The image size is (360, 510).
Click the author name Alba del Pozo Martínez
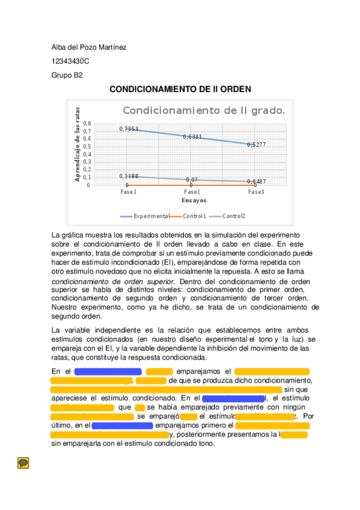88,48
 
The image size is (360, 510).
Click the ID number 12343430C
70,61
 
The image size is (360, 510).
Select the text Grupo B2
67,75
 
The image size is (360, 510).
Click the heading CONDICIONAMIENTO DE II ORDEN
180,89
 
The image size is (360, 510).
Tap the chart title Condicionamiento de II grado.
204,111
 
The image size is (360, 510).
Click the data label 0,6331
192,137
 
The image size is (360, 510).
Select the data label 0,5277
256,144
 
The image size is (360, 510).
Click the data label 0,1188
129,176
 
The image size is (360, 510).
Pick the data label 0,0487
256,181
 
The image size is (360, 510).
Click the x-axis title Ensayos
194,200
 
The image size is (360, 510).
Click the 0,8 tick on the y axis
87,123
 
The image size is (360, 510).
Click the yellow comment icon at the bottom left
23,462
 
